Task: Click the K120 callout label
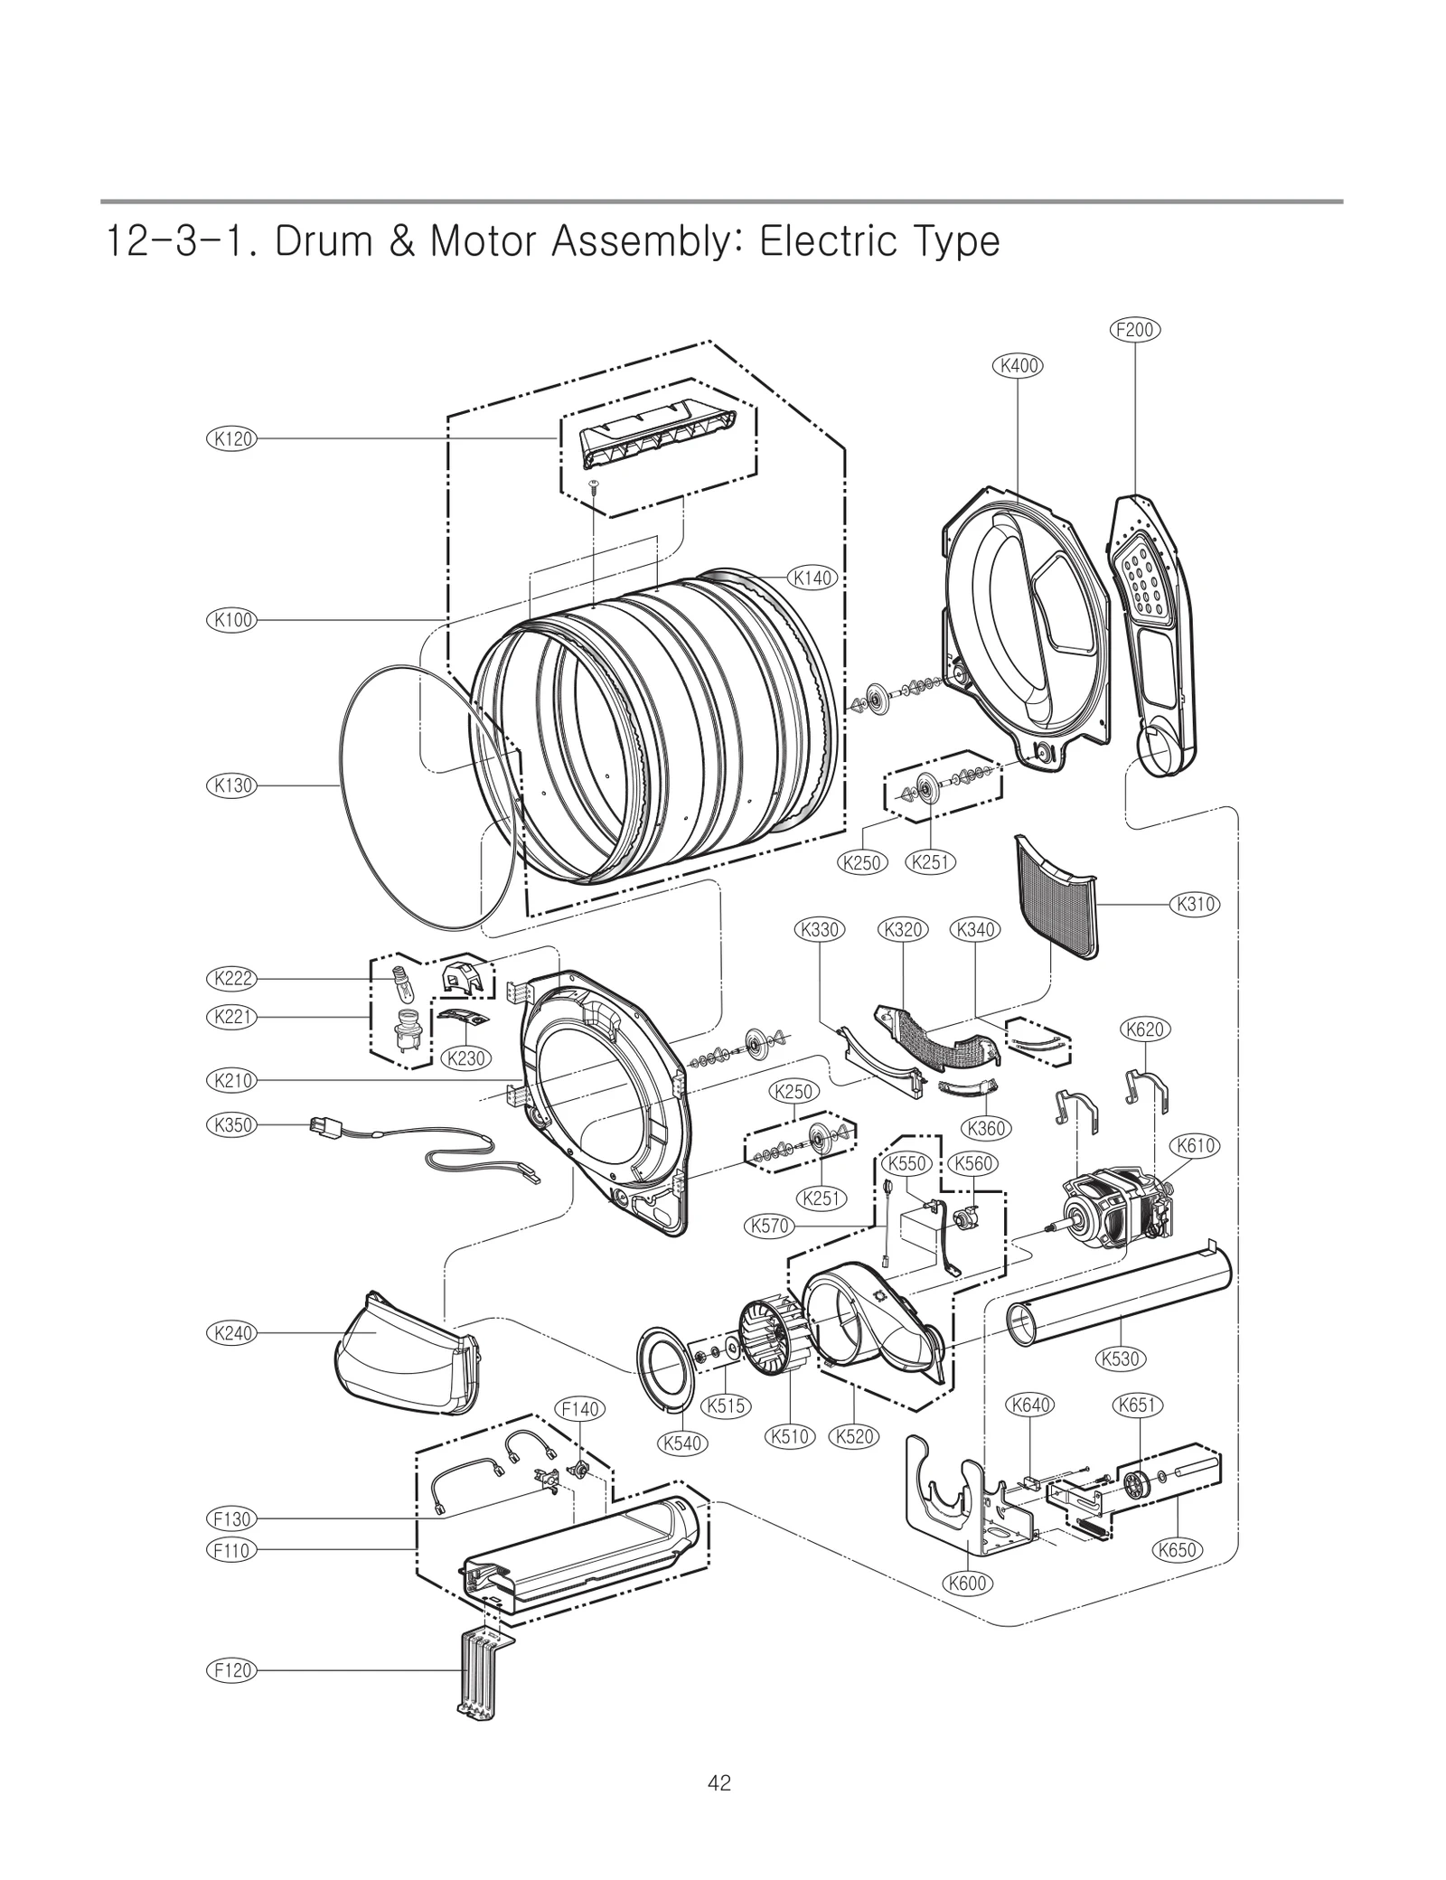pyautogui.click(x=232, y=439)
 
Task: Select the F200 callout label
pyautogui.click(x=1134, y=330)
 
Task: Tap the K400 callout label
pyautogui.click(x=1018, y=366)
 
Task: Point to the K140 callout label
pyautogui.click(x=812, y=578)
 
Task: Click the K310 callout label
pyautogui.click(x=1195, y=904)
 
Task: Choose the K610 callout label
pyautogui.click(x=1195, y=1146)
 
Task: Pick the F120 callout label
pyautogui.click(x=232, y=1670)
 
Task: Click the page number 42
pyautogui.click(x=720, y=1783)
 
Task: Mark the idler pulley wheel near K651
pyautogui.click(x=1137, y=1482)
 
